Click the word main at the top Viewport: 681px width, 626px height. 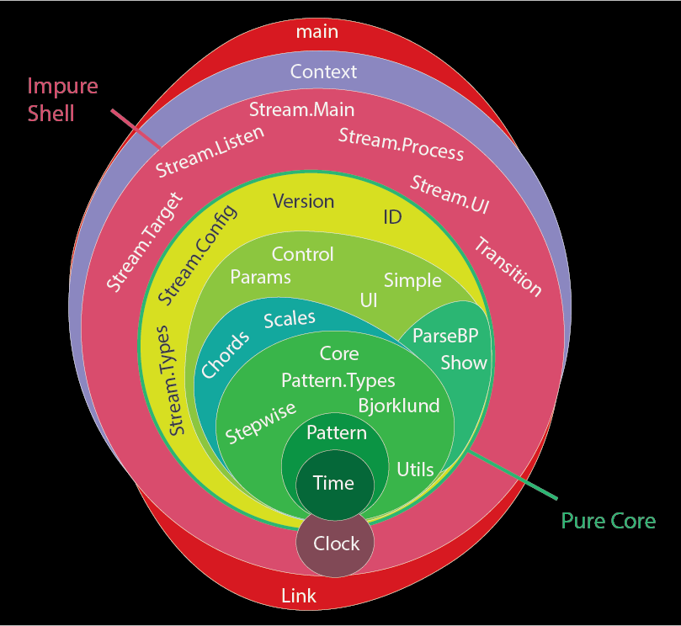317,32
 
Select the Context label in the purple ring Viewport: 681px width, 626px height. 323,72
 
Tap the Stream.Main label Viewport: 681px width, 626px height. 301,109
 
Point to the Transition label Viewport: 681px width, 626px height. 508,267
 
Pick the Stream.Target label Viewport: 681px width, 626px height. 144,242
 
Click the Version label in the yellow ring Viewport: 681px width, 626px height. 303,201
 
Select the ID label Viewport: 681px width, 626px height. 392,217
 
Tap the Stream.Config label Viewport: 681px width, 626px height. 198,254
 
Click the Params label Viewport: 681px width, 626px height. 260,276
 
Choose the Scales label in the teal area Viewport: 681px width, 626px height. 290,319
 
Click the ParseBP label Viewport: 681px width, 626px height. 445,336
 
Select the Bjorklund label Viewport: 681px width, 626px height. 399,406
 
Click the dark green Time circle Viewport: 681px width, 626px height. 333,483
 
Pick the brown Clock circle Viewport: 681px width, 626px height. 336,544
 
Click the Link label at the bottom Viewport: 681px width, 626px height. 298,596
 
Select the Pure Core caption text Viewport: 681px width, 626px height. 608,521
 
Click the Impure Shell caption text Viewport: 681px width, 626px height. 63,99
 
